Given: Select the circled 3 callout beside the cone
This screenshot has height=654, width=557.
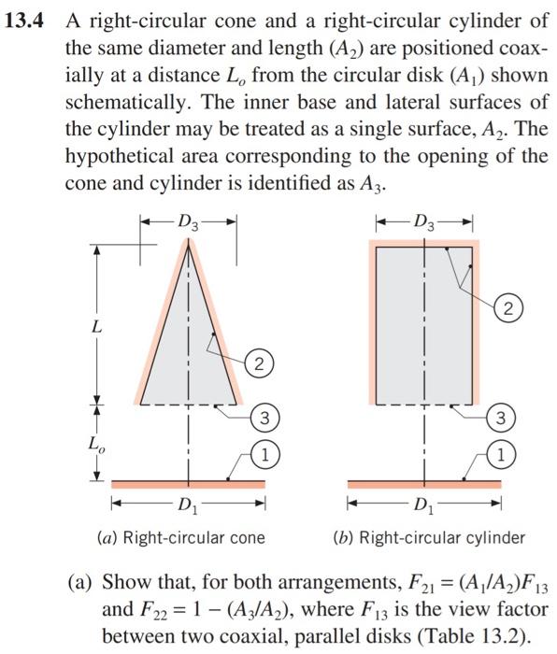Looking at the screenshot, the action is click(x=266, y=417).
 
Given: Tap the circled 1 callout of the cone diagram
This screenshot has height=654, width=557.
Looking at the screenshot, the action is click(x=266, y=456).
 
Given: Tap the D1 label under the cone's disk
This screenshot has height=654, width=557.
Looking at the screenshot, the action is click(x=189, y=508).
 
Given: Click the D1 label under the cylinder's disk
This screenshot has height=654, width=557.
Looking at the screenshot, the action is click(x=424, y=508).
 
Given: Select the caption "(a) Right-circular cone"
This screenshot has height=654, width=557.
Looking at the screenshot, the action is click(x=180, y=537).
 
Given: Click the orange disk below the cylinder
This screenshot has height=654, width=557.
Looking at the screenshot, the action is click(x=424, y=484).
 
